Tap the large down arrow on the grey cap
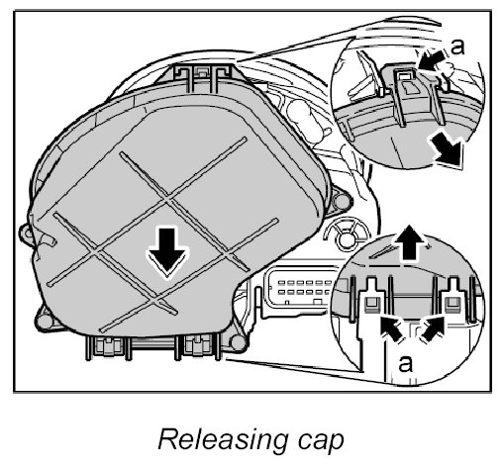(x=167, y=252)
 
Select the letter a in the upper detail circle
(x=457, y=47)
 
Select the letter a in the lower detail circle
(x=405, y=363)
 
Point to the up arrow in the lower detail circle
(x=409, y=242)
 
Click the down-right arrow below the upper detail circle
(x=447, y=149)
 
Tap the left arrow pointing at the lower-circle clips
(x=392, y=328)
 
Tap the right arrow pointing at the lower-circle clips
(x=433, y=328)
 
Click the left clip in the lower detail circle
(x=372, y=297)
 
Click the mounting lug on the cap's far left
(x=27, y=234)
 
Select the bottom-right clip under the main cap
(x=197, y=346)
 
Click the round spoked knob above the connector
(x=346, y=236)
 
